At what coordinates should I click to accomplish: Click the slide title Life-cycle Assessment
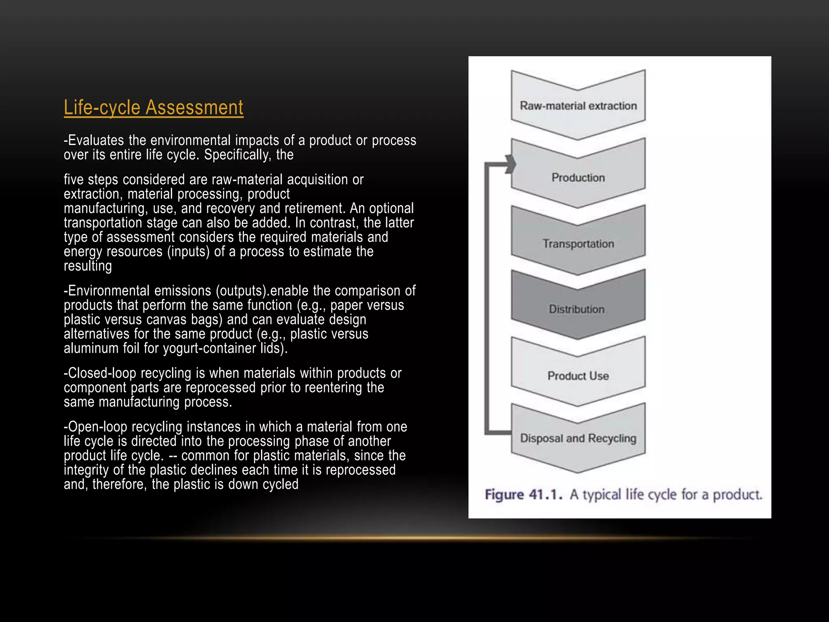tap(153, 108)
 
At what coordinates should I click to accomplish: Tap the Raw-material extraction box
tap(578, 106)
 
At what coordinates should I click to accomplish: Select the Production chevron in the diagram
tap(578, 177)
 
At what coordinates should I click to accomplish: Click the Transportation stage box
tap(578, 243)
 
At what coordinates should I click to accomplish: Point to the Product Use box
tap(578, 376)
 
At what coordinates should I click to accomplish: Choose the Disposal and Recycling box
tap(578, 438)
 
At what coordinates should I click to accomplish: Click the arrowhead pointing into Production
tap(511, 164)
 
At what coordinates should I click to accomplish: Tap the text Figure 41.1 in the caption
tap(523, 494)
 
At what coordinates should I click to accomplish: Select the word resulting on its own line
tap(88, 266)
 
